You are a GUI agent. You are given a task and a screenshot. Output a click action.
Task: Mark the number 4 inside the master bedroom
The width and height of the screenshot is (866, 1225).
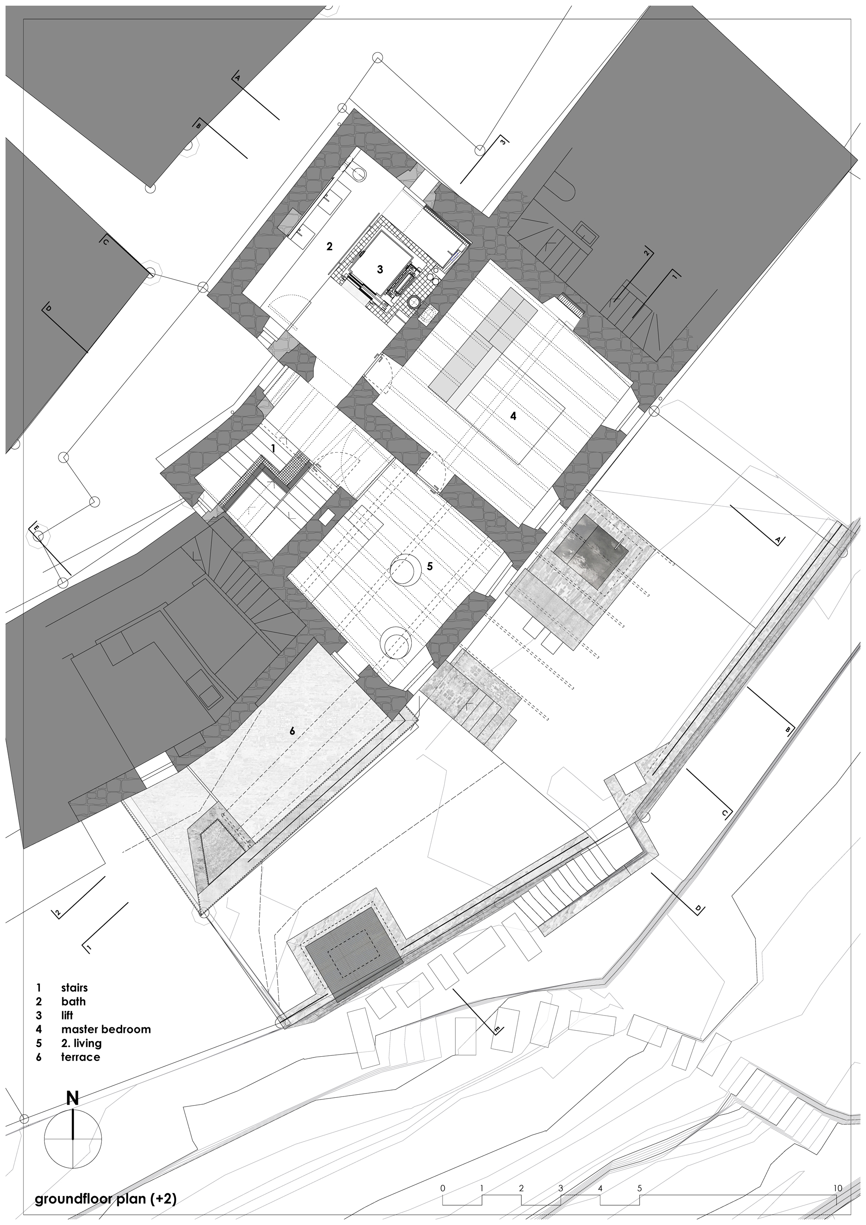[x=513, y=416]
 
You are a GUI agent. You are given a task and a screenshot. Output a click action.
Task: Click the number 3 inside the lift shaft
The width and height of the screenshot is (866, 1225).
[x=380, y=270]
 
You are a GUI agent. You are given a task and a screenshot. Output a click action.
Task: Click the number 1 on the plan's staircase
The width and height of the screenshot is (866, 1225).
[x=273, y=449]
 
